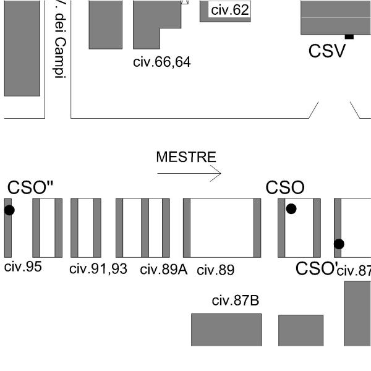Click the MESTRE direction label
coord(186,157)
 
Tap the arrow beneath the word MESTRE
coord(189,174)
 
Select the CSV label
coord(327,51)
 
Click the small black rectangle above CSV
coord(349,37)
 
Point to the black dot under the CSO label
coord(291,209)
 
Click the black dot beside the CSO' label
coord(339,244)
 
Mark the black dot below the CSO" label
coord(9,210)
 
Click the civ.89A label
coord(163,270)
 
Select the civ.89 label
coord(215,270)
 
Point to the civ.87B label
coord(235,301)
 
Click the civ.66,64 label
coord(162,62)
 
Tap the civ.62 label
coord(229,10)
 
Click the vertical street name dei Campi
coord(59,49)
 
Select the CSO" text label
coord(30,188)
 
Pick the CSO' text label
coord(316,268)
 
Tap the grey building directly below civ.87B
coord(226,330)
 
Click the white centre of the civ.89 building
coord(221,228)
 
